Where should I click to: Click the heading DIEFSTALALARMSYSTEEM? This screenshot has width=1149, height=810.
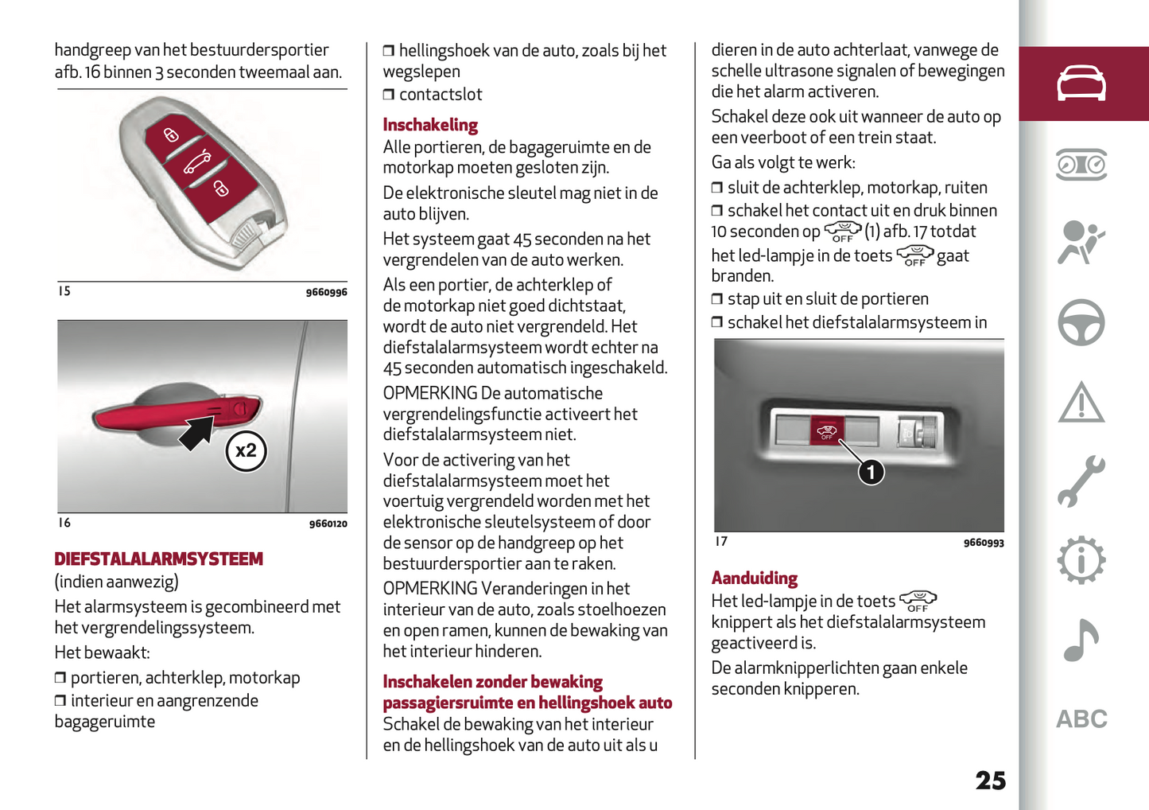coord(158,559)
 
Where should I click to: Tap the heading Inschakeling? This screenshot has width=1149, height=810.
coord(430,125)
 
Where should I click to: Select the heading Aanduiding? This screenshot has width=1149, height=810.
coord(754,578)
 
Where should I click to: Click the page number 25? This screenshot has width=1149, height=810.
coord(990,781)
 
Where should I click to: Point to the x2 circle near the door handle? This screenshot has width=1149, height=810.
coord(246,451)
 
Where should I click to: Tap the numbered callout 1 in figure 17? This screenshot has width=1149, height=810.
coord(871,473)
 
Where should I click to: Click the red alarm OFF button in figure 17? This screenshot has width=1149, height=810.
coord(827,431)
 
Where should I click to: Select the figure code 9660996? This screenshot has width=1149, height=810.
coord(326,293)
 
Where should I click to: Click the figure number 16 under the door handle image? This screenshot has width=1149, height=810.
coord(64,523)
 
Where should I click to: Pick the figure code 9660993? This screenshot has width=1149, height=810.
coord(984,543)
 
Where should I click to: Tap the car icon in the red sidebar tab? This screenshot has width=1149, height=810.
coord(1081,84)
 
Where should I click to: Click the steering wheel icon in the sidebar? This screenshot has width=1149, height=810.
coord(1081,322)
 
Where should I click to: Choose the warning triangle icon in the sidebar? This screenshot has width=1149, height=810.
coord(1081,402)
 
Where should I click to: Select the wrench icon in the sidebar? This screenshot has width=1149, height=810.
coord(1081,481)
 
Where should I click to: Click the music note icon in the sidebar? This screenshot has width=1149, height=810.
coord(1081,641)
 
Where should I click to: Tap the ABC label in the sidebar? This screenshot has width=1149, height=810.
coord(1081,719)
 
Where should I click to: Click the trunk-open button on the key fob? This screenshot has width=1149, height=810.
coord(197,162)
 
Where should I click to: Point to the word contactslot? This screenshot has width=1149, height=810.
coord(441,95)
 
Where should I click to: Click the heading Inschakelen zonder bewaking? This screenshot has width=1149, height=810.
coord(492,682)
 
